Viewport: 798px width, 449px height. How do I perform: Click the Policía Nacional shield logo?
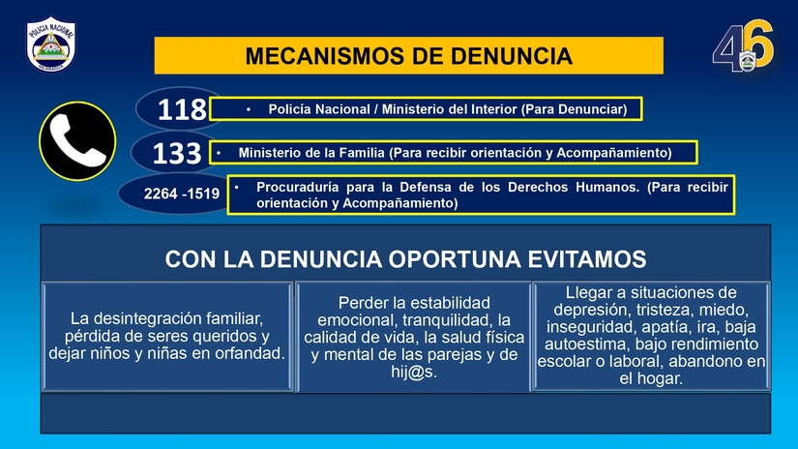coord(52,44)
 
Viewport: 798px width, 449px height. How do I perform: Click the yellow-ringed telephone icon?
coord(77,141)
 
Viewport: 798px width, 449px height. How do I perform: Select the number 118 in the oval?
coord(182,110)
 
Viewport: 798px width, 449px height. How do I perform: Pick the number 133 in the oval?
coord(177,154)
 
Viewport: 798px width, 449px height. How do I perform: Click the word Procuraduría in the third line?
coord(299,186)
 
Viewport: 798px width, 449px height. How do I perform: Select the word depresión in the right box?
coord(590,310)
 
